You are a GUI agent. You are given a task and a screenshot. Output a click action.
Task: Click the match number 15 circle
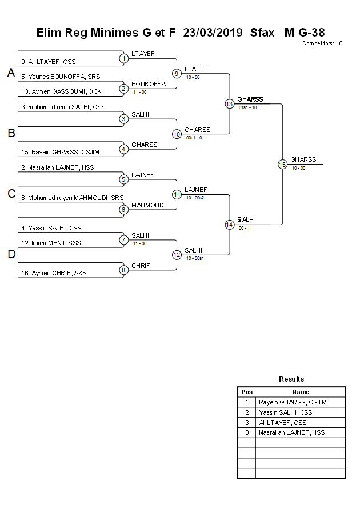282,164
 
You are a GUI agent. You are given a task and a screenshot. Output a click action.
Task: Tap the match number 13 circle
229,104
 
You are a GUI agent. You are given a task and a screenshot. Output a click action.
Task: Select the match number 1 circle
123,58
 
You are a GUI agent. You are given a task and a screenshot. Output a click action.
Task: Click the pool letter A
11,73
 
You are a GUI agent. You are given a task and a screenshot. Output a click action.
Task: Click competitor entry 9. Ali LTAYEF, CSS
49,62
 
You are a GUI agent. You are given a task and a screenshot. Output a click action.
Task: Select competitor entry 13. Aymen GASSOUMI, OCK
61,91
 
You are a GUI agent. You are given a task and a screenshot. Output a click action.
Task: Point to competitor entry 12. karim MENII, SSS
51,243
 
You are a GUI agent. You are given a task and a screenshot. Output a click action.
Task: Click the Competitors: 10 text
322,43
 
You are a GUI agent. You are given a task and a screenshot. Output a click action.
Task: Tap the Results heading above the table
291,379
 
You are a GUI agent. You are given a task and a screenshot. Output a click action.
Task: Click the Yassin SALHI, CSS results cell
285,412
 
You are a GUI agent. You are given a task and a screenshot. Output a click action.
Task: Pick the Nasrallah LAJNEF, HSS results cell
291,432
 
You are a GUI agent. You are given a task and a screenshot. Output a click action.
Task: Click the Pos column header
247,392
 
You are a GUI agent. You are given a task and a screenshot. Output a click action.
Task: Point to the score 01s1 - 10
247,107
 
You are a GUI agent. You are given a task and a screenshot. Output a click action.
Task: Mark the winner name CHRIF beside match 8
141,266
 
